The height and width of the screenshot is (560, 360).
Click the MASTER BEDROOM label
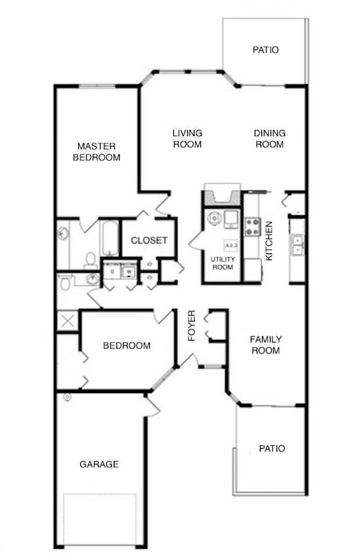(x=98, y=152)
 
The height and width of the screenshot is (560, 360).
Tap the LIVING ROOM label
(x=187, y=138)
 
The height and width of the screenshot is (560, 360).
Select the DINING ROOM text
(x=269, y=138)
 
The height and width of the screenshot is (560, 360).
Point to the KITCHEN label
(x=269, y=241)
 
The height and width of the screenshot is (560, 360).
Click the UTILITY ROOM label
(x=222, y=263)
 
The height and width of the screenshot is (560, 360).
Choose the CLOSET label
(x=149, y=240)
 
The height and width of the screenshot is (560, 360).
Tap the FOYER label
(x=192, y=326)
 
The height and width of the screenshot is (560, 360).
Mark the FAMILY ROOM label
(x=265, y=345)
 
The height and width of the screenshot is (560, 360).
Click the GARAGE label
(x=99, y=464)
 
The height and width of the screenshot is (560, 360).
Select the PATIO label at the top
(x=265, y=50)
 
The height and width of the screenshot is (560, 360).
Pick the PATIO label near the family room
(x=272, y=448)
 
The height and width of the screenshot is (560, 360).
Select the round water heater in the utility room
(x=214, y=219)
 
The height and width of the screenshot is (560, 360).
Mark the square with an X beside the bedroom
(x=67, y=322)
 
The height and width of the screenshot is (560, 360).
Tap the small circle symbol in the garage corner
(x=67, y=398)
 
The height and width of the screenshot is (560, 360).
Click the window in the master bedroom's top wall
(x=97, y=86)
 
